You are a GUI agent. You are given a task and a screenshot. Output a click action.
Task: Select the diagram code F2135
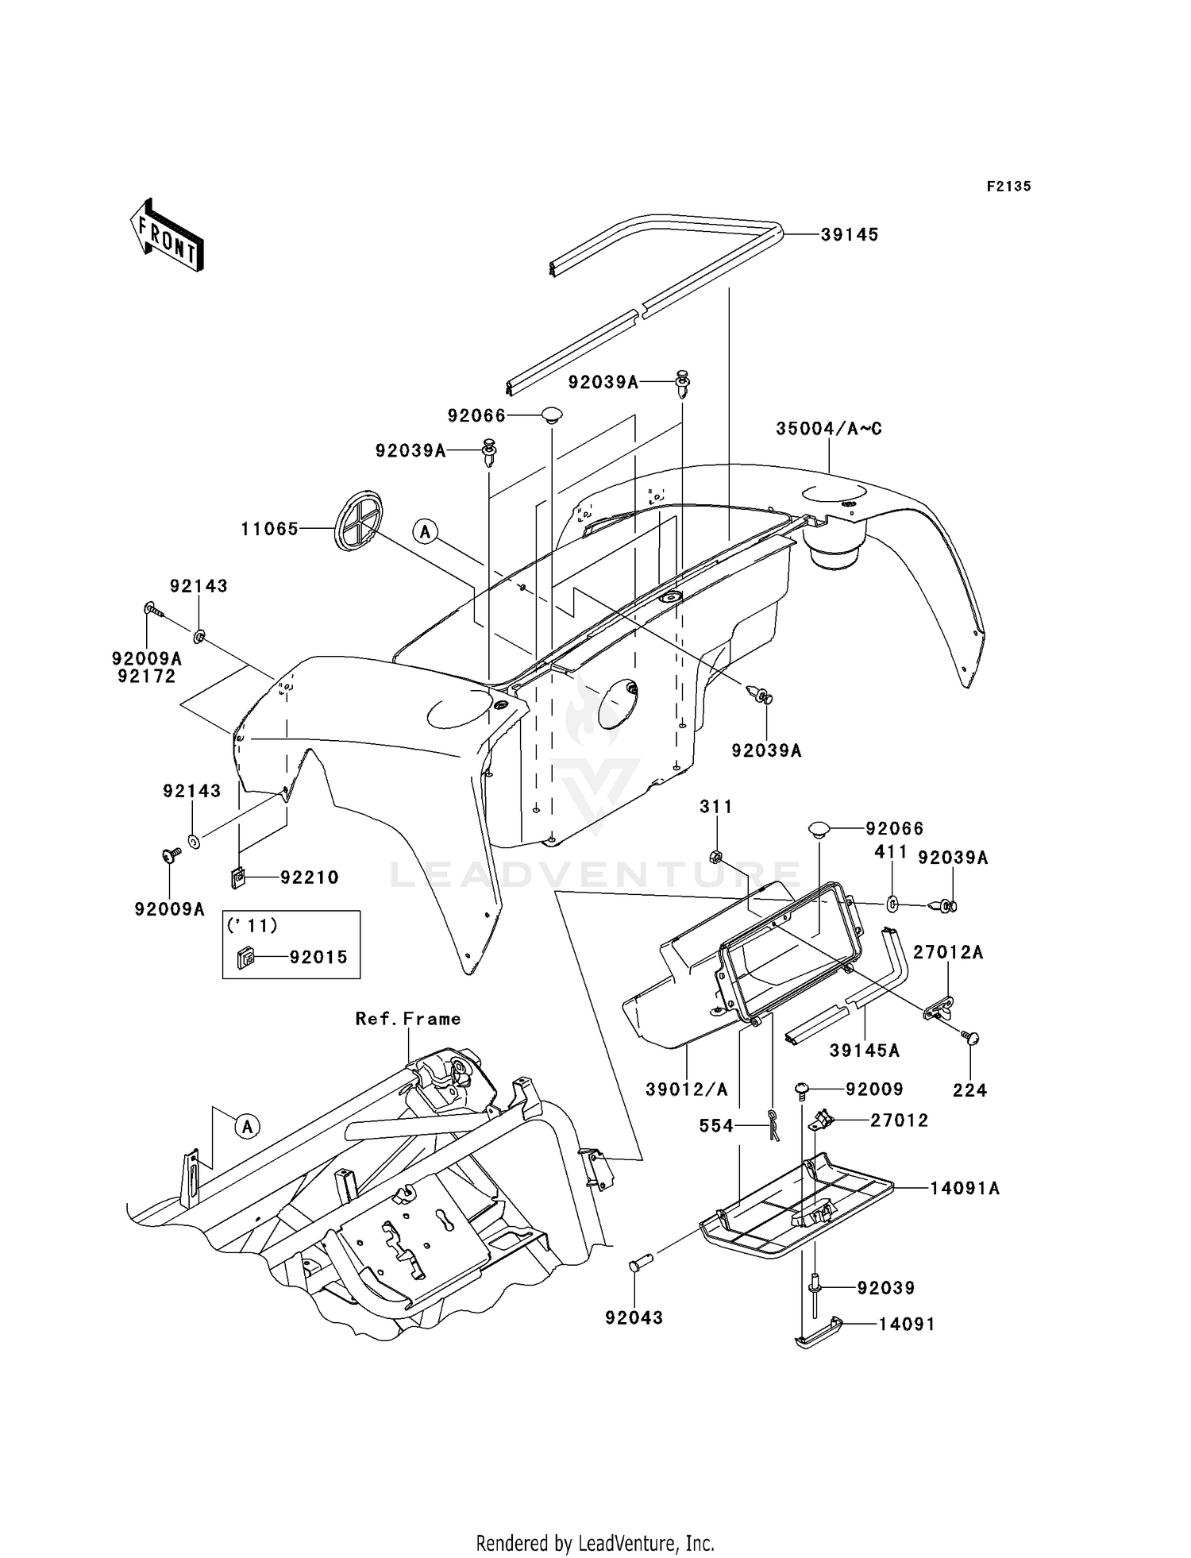pos(1008,187)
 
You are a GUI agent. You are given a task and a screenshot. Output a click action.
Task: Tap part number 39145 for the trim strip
pos(850,234)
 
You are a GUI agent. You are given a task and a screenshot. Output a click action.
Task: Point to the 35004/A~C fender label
pos(829,429)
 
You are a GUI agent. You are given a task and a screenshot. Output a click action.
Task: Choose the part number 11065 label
pos(270,529)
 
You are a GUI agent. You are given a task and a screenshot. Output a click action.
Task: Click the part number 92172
pos(147,677)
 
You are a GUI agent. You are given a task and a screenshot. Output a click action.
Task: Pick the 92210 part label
pos(310,877)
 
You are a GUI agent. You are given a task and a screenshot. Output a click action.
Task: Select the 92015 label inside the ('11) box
pos(318,957)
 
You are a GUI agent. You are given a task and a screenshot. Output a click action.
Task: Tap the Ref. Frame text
pos(408,1019)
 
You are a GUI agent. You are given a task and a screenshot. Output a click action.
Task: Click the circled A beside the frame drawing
pos(248,1126)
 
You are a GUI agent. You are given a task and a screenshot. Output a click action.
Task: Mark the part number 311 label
pos(716,807)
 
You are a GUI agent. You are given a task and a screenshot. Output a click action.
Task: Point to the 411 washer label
pos(891,852)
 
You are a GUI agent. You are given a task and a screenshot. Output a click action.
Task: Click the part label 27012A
pos(948,952)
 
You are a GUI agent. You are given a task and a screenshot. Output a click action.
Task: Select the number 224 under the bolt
pos(969,1090)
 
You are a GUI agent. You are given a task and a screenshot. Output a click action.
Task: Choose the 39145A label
pos(865,1051)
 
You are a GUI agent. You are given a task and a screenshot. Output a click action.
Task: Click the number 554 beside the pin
pos(716,1126)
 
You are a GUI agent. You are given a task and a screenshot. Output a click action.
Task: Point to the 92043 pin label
pos(634,1318)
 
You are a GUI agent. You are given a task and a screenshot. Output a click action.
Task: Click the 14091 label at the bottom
pos(906,1325)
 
